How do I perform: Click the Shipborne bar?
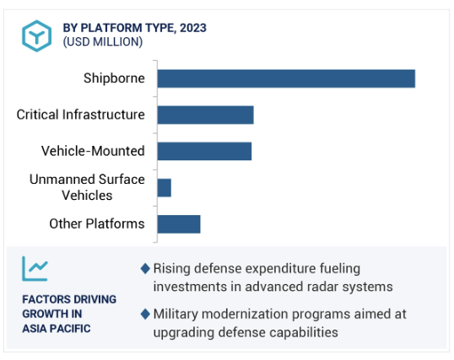click(286, 78)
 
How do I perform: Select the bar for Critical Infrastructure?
click(206, 115)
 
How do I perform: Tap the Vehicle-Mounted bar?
click(204, 151)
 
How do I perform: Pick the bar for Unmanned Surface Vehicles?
click(165, 188)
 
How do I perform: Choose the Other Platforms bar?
click(179, 224)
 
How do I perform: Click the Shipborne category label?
click(114, 78)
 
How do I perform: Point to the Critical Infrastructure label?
click(80, 115)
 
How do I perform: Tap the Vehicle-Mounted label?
click(93, 151)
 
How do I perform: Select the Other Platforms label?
click(97, 223)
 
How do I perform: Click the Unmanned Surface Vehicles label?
click(87, 187)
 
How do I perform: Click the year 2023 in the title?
click(193, 28)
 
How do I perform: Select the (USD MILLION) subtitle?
click(103, 42)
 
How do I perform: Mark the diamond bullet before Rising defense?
click(145, 269)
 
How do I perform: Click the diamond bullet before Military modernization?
click(145, 314)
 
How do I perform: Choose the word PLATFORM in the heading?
click(111, 28)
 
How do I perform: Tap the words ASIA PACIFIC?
click(57, 329)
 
